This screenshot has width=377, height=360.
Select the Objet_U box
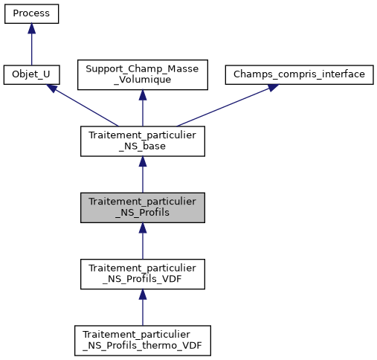tap(31, 74)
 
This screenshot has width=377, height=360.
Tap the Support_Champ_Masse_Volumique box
tap(142, 74)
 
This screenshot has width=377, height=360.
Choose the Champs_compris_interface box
tap(298, 74)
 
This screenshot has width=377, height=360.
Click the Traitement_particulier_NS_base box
tap(142, 141)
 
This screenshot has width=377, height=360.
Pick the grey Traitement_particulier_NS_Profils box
tap(142, 208)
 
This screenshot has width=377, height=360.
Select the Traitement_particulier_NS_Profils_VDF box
tap(142, 274)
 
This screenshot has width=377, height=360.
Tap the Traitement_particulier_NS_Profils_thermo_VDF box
tap(142, 340)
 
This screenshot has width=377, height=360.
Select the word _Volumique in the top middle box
tap(142, 80)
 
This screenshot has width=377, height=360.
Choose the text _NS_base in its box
tap(142, 147)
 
